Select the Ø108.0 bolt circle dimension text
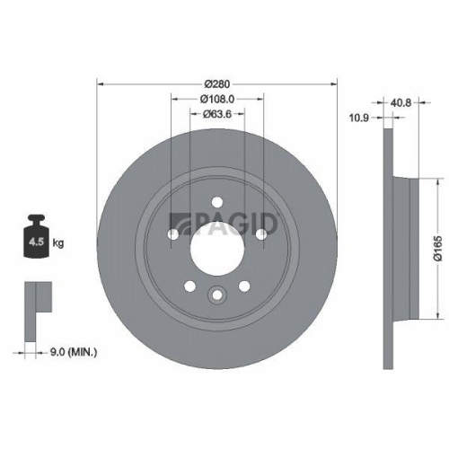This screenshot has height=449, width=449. pyautogui.click(x=216, y=99)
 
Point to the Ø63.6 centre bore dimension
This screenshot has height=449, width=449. pyautogui.click(x=216, y=113)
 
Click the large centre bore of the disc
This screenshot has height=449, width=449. pyautogui.click(x=216, y=245)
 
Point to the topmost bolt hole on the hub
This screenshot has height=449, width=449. pyautogui.click(x=216, y=201)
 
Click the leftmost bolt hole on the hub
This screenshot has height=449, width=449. pyautogui.click(x=172, y=234)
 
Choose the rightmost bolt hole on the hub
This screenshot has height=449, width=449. pyautogui.click(x=261, y=234)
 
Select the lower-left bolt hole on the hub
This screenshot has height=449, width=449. pyautogui.click(x=189, y=286)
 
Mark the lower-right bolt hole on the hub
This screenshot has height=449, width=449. pyautogui.click(x=243, y=286)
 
